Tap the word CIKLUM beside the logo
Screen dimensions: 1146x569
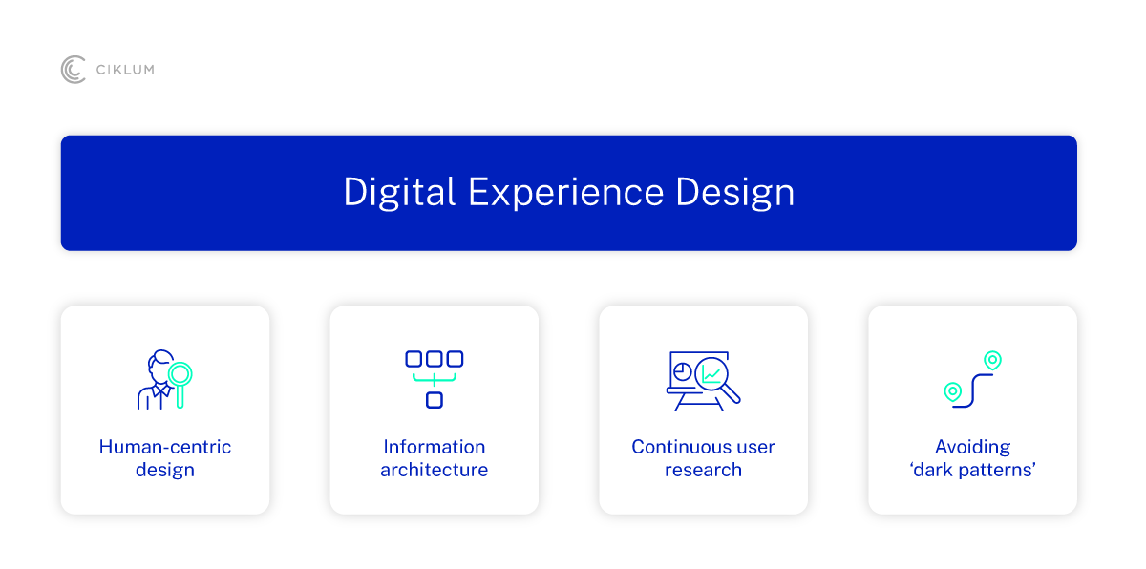[125, 70]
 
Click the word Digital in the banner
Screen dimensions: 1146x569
[399, 193]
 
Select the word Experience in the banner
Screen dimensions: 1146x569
[565, 193]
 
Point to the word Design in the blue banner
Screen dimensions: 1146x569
[735, 193]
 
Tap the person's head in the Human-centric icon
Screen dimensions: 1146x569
[159, 364]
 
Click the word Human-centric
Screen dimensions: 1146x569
[164, 447]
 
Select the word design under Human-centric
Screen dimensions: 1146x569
[164, 471]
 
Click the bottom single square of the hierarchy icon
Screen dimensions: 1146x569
[435, 400]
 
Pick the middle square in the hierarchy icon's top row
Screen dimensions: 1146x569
[435, 359]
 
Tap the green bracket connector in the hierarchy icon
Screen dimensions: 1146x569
[435, 379]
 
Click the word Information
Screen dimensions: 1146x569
[435, 447]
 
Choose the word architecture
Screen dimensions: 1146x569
[435, 470]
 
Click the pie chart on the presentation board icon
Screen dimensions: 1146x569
[683, 371]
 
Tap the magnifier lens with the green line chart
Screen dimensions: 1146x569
[711, 374]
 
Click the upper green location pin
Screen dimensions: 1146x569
[992, 361]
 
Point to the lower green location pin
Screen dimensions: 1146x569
[953, 392]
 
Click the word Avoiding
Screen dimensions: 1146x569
[972, 448]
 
